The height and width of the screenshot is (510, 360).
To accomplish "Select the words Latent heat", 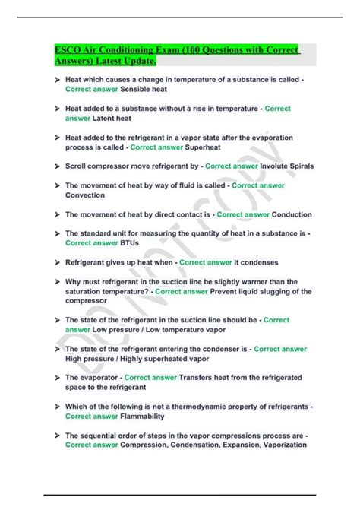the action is point(112,118).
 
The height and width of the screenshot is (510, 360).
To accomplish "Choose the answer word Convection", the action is point(85,195).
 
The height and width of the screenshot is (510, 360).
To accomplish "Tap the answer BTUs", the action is point(130,243).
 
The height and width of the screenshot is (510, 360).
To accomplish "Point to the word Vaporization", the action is point(278,445).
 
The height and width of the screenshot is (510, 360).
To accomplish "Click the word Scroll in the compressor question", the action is point(77,165).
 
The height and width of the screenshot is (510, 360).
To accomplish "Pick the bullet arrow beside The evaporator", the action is point(56,378).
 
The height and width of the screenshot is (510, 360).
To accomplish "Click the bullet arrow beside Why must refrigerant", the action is point(56,281).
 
